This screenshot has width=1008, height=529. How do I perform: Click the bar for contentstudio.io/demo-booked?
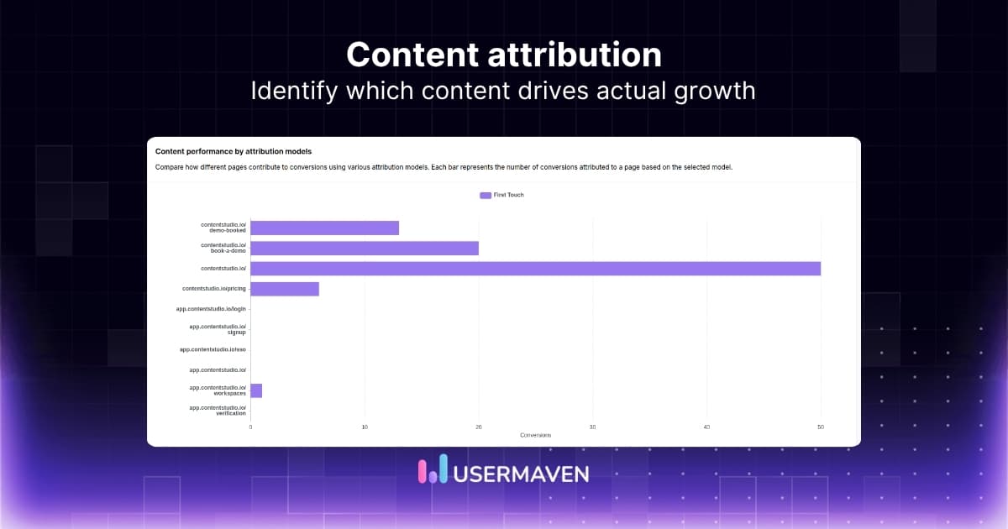click(x=324, y=228)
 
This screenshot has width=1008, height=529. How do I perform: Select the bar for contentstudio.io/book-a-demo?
click(x=364, y=248)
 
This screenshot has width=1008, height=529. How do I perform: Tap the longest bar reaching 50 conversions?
click(x=535, y=269)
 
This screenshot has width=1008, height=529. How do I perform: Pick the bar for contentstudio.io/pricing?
click(x=285, y=289)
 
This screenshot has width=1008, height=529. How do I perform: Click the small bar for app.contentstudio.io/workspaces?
click(x=256, y=390)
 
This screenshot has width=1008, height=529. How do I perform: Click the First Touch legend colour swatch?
click(x=486, y=195)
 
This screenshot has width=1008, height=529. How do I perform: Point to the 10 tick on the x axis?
click(x=365, y=427)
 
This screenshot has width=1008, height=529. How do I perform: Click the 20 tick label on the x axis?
click(x=479, y=427)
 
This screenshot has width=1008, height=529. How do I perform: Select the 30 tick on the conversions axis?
click(x=593, y=427)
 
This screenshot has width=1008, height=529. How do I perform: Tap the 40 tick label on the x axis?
click(x=706, y=427)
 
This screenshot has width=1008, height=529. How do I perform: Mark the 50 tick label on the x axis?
click(x=821, y=427)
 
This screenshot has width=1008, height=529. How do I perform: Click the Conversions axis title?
click(x=535, y=435)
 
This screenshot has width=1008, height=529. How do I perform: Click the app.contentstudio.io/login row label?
click(x=211, y=309)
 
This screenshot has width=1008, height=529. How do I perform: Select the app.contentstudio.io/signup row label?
click(x=218, y=329)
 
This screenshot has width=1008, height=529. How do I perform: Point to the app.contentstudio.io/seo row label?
click(x=213, y=349)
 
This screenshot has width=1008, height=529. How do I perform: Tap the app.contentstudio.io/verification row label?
click(x=218, y=411)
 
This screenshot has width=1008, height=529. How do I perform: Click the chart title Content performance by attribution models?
click(x=234, y=151)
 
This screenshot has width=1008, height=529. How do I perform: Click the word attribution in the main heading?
click(x=554, y=55)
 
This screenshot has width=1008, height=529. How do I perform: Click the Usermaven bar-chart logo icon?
click(x=432, y=471)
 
